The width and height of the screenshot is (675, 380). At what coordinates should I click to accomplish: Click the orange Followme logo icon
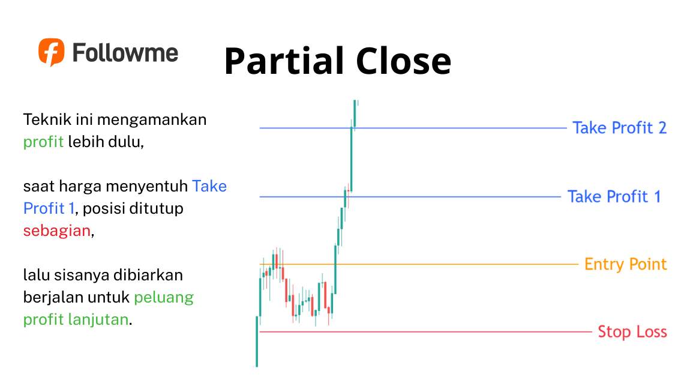(x=51, y=52)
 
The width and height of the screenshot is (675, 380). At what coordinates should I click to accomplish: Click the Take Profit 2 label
(x=619, y=128)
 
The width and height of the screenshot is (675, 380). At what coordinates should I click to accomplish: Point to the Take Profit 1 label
(x=614, y=197)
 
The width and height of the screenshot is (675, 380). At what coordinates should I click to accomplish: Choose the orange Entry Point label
(x=625, y=264)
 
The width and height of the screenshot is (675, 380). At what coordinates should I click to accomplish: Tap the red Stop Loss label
(x=632, y=332)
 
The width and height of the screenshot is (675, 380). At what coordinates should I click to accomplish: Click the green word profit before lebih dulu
(x=43, y=143)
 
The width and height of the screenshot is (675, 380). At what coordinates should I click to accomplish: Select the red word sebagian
(x=56, y=231)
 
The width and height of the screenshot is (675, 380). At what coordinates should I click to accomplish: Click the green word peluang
(x=164, y=297)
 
